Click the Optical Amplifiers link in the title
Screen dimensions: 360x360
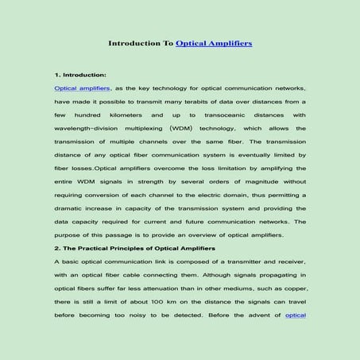[x=214, y=43]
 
